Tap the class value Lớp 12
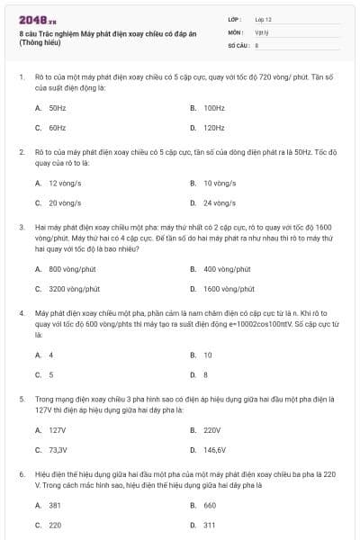(263, 18)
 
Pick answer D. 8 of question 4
(205, 374)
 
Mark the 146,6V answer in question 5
(214, 449)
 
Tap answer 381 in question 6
(55, 505)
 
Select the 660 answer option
(209, 505)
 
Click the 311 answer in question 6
(209, 525)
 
